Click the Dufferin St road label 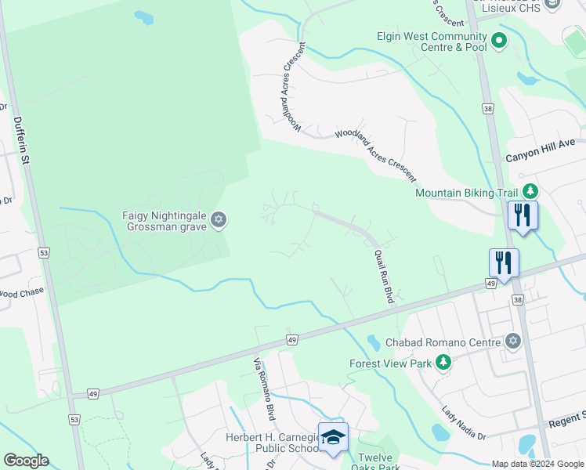coord(21,141)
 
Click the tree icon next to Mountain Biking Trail coord(530,192)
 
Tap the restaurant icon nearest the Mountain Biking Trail coord(521,214)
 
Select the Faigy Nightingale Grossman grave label coord(164,220)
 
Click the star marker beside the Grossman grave coord(219,221)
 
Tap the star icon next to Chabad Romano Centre coord(512,341)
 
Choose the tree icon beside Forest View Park coord(443,362)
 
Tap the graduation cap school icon coord(333,437)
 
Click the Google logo coord(25,461)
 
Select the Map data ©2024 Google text coord(538,464)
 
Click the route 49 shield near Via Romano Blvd coord(291,339)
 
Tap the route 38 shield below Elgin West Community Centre coord(488,110)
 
